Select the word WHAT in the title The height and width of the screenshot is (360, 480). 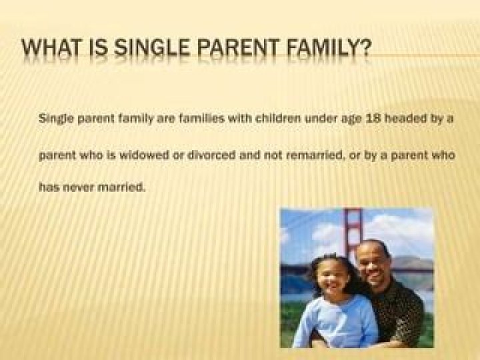click(x=53, y=48)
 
